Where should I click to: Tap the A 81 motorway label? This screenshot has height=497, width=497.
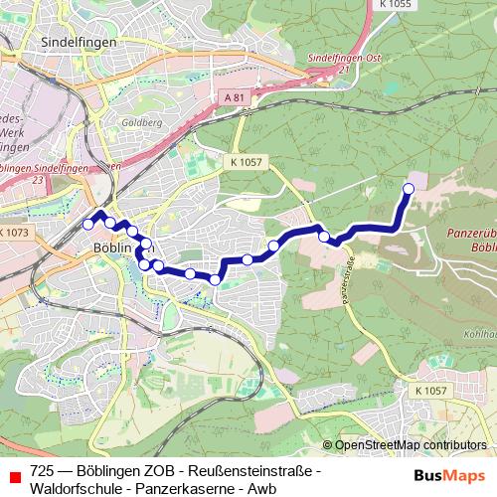[234, 97]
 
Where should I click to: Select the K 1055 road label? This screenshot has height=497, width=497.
[396, 5]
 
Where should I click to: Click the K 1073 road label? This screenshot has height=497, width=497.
[15, 232]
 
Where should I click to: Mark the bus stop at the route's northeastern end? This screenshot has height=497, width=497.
[408, 188]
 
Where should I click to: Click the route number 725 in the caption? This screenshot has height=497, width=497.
[42, 470]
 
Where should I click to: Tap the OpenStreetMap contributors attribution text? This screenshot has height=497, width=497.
[410, 445]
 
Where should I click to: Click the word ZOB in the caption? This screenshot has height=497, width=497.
[160, 470]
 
